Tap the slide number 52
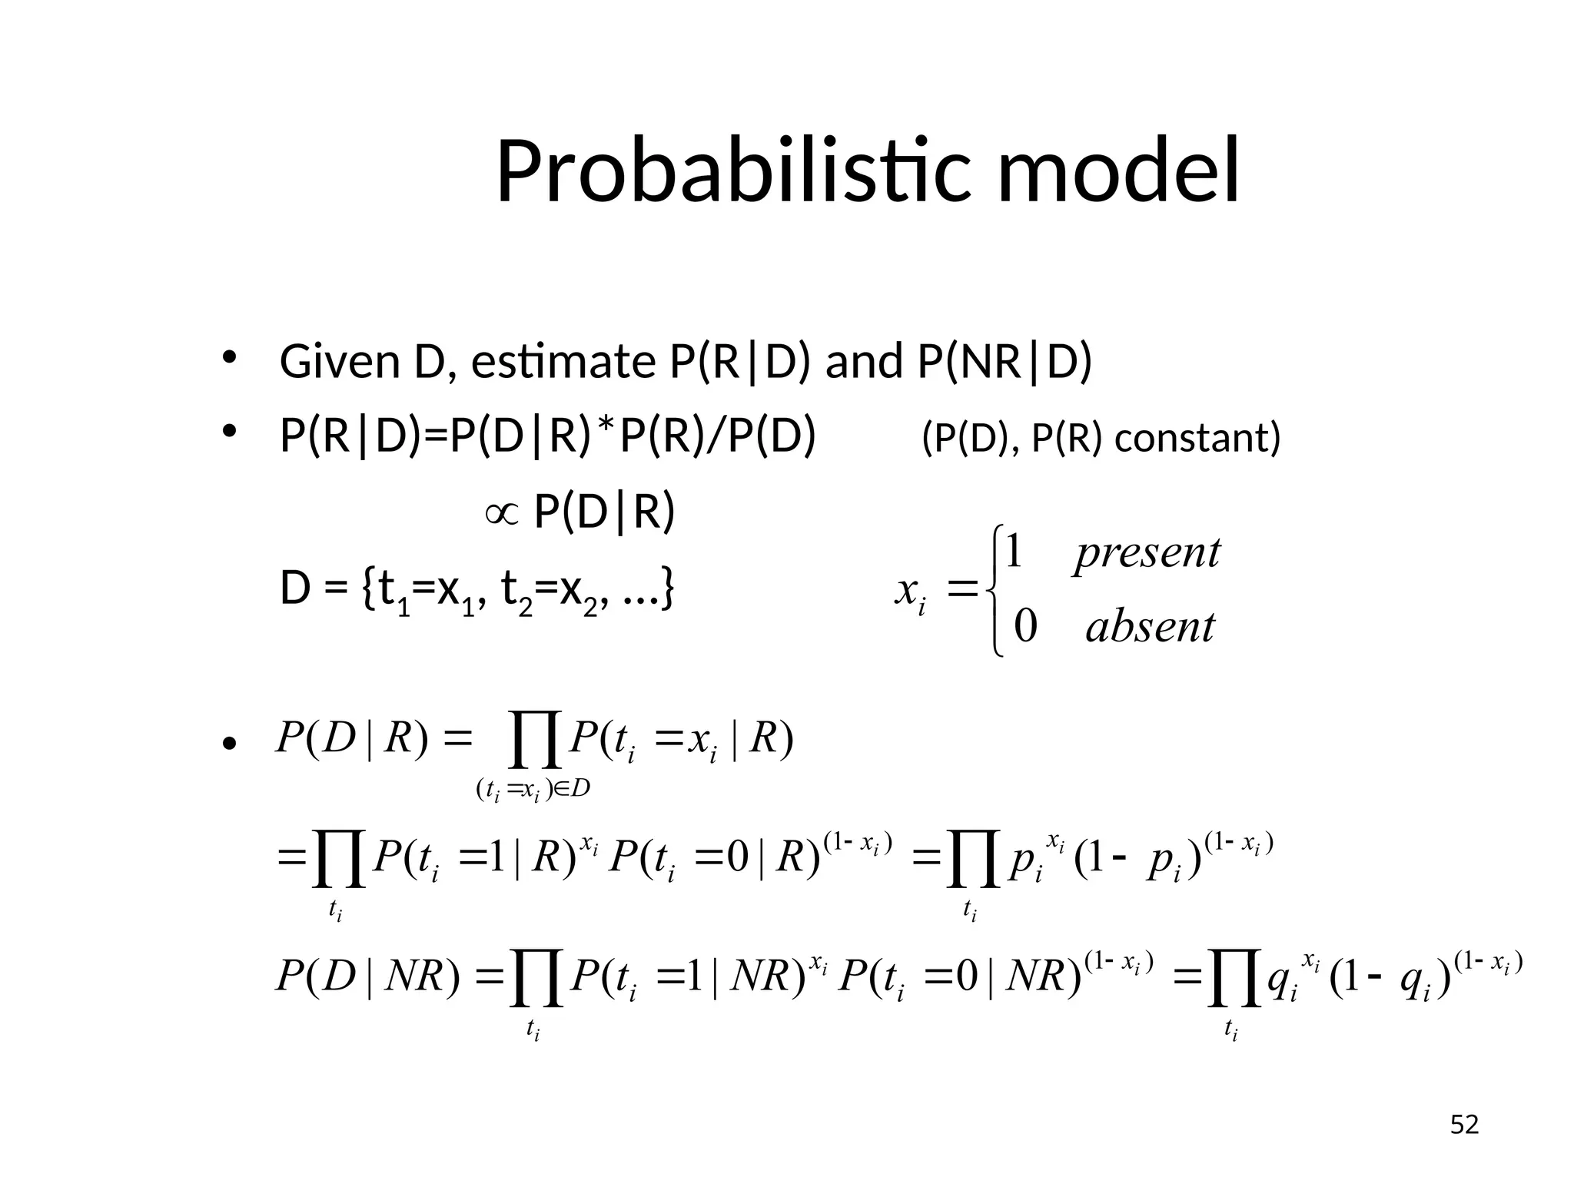(1464, 1125)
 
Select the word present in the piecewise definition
(1147, 552)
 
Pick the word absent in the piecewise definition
(1150, 627)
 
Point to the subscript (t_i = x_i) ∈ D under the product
(533, 790)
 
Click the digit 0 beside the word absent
(1025, 626)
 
